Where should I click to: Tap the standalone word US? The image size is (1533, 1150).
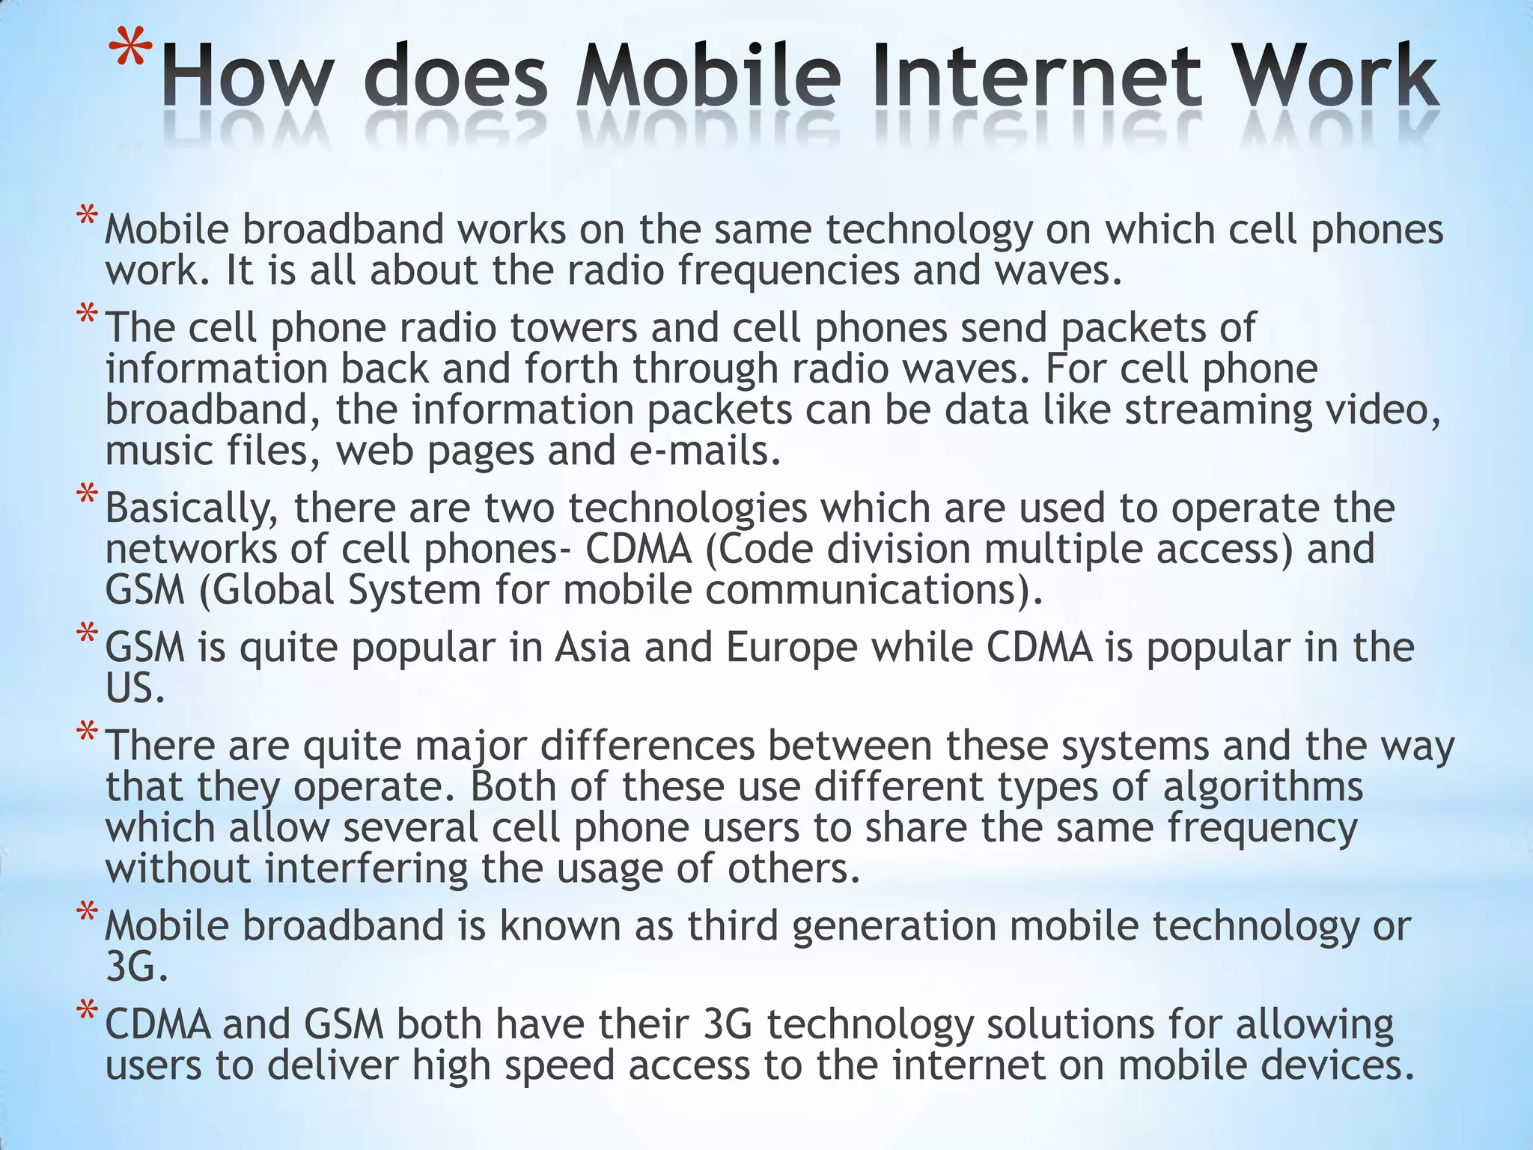coord(135,688)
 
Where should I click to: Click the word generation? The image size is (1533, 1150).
coord(894,927)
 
